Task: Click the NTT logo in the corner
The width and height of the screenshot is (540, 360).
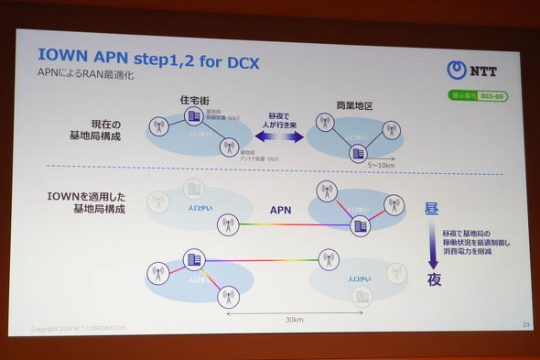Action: coord(472,70)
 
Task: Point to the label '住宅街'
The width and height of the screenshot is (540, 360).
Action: coord(196,99)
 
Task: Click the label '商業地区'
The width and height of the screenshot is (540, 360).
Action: coord(355,106)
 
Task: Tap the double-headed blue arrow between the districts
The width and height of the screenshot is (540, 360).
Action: coord(278,136)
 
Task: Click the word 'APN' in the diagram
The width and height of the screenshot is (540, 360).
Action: coord(280,210)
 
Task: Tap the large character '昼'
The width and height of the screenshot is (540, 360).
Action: coord(432,210)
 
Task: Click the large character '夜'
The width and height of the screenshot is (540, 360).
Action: coord(434,279)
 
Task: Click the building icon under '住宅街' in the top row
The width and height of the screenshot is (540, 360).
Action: coord(194,116)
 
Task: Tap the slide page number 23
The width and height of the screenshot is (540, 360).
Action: coord(525,324)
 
